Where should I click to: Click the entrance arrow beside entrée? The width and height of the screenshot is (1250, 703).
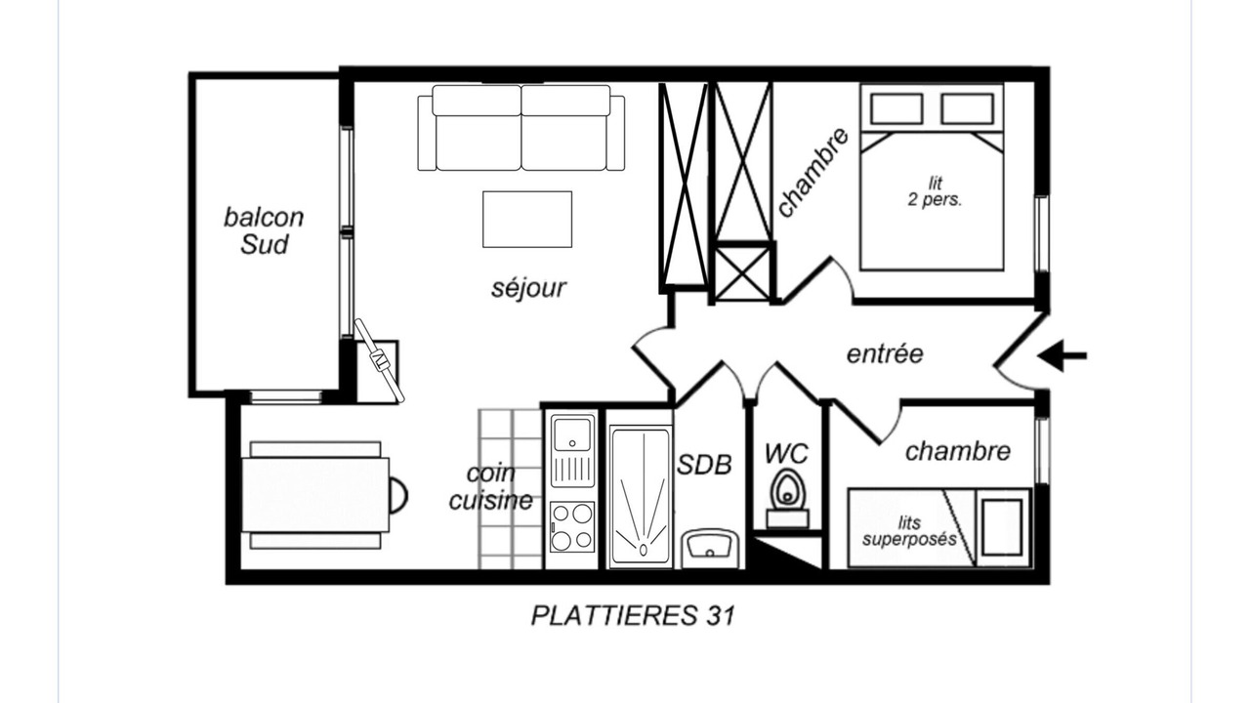(1062, 355)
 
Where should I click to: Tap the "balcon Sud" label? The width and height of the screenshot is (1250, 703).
(264, 231)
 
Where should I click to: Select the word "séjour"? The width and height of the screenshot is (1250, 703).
(528, 288)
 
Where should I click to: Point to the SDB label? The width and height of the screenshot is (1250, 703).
(704, 464)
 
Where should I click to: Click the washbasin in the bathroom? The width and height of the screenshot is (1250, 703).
(710, 549)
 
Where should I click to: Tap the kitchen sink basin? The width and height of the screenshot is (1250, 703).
(572, 433)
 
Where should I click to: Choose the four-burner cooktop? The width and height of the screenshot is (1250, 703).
(572, 526)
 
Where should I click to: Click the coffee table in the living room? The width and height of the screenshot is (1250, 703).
(527, 220)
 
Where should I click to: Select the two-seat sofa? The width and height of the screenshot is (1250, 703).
(521, 128)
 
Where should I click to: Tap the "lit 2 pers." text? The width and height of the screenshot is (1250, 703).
(935, 191)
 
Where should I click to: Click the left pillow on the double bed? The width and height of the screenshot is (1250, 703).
(896, 108)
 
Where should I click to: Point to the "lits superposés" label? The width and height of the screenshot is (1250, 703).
(909, 531)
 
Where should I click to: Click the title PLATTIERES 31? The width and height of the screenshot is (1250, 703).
(633, 616)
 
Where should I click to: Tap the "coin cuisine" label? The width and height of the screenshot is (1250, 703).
(491, 487)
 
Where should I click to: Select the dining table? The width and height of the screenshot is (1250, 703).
(315, 495)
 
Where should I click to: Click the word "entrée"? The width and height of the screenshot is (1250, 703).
(885, 354)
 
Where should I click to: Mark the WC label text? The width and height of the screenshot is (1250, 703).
(786, 454)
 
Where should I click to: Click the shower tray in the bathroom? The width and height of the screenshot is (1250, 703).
(641, 497)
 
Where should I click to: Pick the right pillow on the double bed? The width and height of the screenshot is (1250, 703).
(967, 108)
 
